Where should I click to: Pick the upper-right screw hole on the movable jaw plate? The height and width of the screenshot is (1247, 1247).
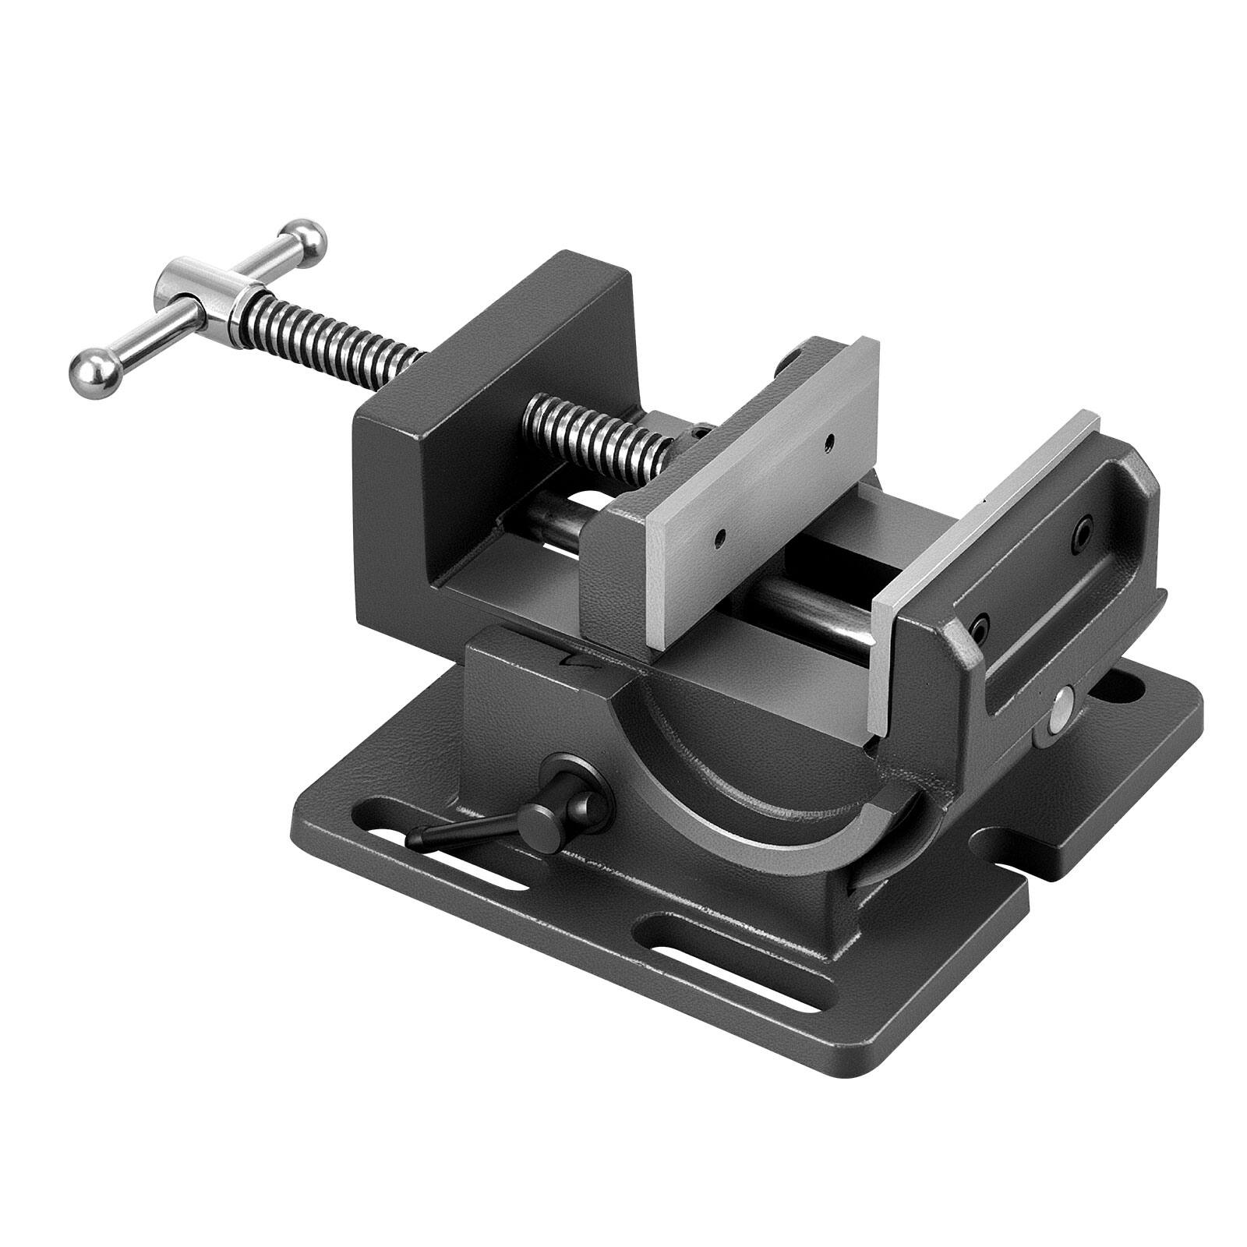pos(832,440)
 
